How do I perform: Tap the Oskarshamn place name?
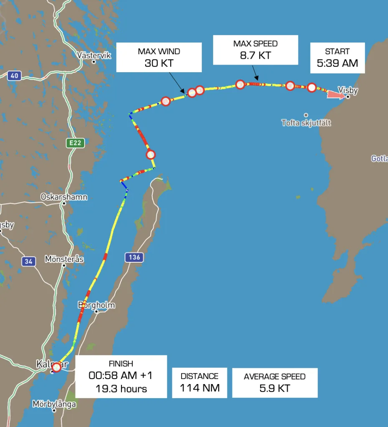[64, 196]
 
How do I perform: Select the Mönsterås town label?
[64, 259]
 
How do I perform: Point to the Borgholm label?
[96, 305]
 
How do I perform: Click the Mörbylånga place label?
[54, 404]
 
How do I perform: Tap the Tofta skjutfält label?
[306, 123]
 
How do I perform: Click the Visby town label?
[348, 90]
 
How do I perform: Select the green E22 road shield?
[76, 143]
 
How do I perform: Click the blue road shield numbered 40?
[15, 75]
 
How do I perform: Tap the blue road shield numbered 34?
[28, 261]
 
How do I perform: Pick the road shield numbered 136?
[134, 257]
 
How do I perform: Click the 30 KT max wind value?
[159, 63]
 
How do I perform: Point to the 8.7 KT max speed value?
[255, 55]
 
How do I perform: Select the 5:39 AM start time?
[337, 64]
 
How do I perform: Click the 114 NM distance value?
[199, 388]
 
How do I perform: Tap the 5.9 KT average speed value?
[275, 388]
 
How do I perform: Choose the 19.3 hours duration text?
[121, 389]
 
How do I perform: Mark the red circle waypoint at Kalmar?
[56, 367]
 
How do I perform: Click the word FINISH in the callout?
[121, 364]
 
